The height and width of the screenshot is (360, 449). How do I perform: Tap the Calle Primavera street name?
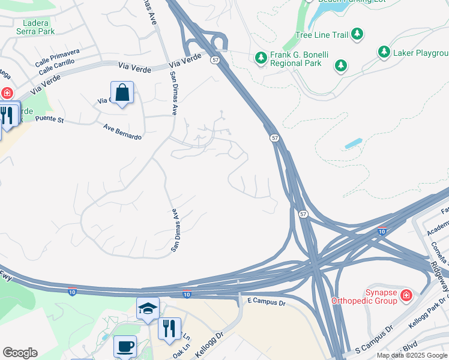(x=57, y=60)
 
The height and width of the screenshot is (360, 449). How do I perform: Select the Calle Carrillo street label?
(x=58, y=70)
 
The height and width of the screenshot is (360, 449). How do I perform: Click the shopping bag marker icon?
(x=122, y=93)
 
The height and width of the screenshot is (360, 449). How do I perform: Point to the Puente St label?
(x=49, y=119)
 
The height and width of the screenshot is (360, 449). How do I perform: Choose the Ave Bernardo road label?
(x=122, y=132)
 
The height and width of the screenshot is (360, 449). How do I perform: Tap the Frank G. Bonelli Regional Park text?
(x=299, y=58)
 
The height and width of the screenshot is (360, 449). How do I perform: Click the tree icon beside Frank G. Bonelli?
(x=261, y=58)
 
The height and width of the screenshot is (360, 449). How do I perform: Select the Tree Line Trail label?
(x=322, y=35)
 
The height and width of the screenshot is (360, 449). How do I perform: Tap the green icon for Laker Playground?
(x=384, y=52)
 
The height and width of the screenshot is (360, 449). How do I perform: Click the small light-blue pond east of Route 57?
(x=354, y=144)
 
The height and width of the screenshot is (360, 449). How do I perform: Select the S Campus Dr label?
(x=373, y=339)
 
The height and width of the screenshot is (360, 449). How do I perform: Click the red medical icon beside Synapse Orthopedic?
(x=406, y=295)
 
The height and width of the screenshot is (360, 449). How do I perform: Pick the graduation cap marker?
(x=148, y=308)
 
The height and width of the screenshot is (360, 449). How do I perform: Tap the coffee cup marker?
(x=125, y=346)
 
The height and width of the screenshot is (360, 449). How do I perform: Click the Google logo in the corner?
(x=20, y=353)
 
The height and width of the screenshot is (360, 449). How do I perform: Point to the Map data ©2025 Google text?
(x=412, y=355)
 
